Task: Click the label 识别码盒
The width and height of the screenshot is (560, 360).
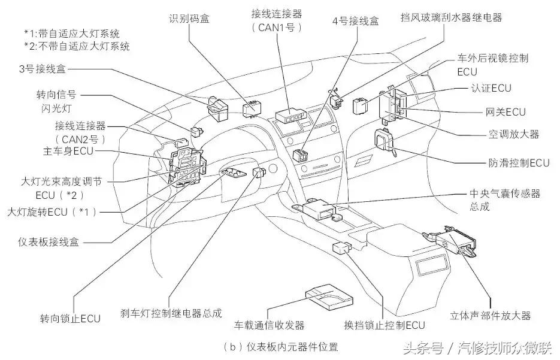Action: (x=189, y=18)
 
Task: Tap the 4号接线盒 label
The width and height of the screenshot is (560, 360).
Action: (x=356, y=21)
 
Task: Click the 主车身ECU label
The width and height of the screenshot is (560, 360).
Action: (x=68, y=151)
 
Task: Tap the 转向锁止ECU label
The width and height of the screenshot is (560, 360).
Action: (x=70, y=317)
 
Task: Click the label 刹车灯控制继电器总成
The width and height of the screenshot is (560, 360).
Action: (x=171, y=313)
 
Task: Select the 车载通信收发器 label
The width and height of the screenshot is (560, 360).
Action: (x=270, y=325)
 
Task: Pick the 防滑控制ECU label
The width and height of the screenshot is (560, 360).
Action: (x=519, y=162)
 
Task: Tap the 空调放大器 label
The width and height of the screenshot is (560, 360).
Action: (x=514, y=134)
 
